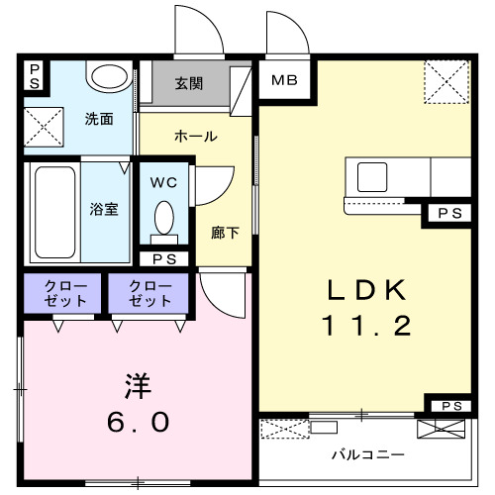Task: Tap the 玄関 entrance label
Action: coord(190,84)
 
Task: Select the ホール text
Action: coord(195,136)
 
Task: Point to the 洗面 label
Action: coord(98,120)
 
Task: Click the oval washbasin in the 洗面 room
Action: coord(107,76)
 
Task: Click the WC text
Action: coord(165,182)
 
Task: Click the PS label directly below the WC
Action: coord(164,258)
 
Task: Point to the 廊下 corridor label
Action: coord(225,234)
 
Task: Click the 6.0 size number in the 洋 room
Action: coord(139,421)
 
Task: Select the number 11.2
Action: coord(366,327)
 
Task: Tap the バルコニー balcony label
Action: coord(366,456)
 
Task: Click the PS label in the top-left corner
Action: coord(34,75)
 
